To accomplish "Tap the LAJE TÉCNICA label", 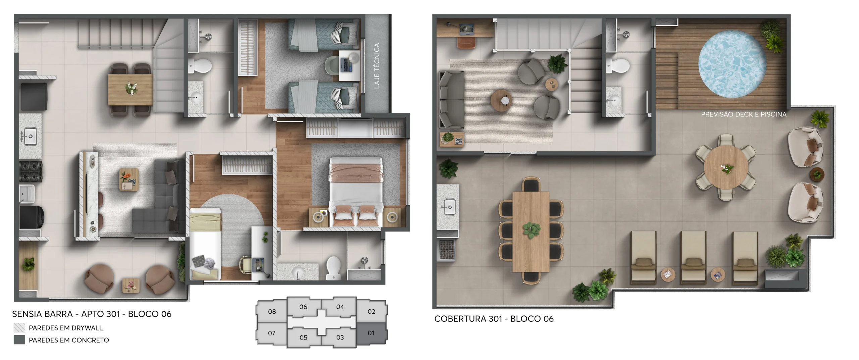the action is [376, 66].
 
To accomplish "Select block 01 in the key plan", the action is [371, 333].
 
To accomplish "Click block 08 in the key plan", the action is [272, 312].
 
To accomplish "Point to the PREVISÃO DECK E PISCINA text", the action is [744, 114].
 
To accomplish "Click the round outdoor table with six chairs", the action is [726, 167].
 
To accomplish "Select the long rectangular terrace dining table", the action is [531, 232].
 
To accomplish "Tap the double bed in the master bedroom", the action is [356, 192].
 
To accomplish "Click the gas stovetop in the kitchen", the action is [31, 171].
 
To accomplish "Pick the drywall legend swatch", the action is [19, 327].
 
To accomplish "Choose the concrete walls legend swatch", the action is [19, 340].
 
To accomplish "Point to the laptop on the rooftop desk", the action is [466, 29].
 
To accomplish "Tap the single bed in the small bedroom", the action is [205, 244].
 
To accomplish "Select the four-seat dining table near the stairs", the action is [130, 89].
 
